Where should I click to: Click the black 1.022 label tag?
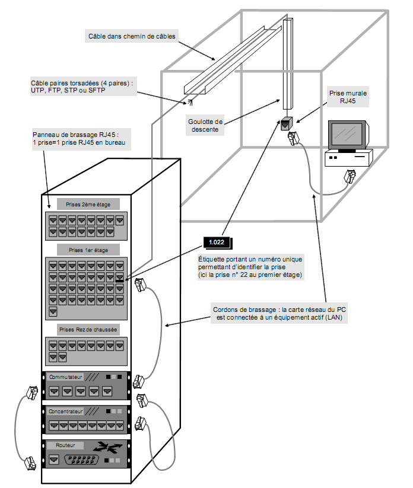[217, 242]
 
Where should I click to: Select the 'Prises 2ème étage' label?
[88, 205]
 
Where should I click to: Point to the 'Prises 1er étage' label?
[88, 250]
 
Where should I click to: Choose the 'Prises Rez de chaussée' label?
[88, 329]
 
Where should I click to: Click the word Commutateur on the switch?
[66, 377]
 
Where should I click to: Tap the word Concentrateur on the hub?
[66, 411]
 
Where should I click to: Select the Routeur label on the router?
[65, 445]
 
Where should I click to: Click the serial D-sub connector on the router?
[82, 460]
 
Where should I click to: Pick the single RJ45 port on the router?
[54, 460]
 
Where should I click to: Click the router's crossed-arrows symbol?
[107, 447]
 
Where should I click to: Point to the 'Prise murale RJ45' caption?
[348, 97]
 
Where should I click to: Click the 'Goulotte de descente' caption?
[205, 126]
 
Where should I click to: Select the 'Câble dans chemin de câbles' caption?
[132, 36]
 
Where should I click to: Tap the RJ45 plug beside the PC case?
[350, 176]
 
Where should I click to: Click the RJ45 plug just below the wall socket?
[293, 139]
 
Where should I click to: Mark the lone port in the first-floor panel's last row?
[53, 311]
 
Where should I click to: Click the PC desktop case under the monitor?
[348, 158]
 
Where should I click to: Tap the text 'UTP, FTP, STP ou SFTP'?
[68, 90]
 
